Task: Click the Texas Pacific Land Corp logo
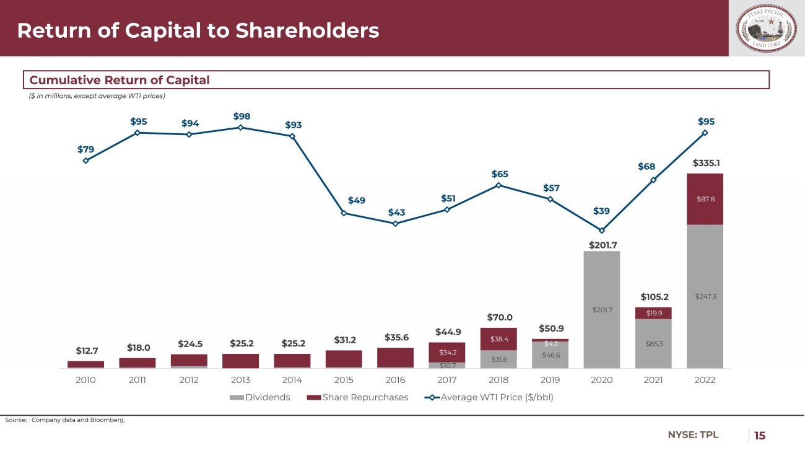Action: (766, 28)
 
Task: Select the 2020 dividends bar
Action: (601, 309)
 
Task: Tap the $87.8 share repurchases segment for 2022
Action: (705, 199)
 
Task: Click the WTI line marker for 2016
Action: (395, 223)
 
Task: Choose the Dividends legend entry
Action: (260, 397)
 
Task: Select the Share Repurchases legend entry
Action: (357, 397)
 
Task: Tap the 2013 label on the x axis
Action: (240, 380)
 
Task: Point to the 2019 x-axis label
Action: (550, 380)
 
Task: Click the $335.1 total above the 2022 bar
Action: (705, 163)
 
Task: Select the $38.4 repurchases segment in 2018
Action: (498, 339)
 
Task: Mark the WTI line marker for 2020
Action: (601, 231)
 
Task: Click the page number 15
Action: (759, 436)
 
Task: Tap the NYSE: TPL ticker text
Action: (693, 435)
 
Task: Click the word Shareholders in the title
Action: (308, 30)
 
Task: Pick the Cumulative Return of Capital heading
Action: (120, 80)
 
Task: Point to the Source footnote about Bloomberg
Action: (65, 420)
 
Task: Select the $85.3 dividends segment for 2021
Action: (653, 343)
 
